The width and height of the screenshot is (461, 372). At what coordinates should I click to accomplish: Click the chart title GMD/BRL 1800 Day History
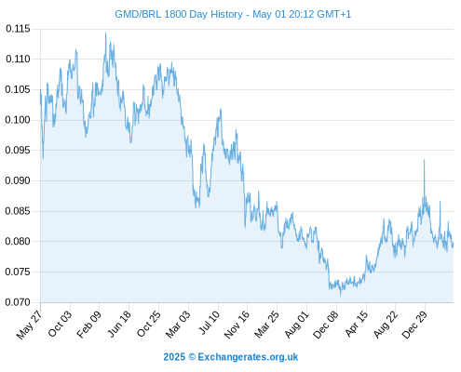[179, 14]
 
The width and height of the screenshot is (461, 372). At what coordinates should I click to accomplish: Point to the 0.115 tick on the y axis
[18, 29]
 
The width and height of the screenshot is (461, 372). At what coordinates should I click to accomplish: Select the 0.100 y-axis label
[18, 120]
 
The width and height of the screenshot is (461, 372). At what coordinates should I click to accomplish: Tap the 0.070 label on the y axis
[18, 302]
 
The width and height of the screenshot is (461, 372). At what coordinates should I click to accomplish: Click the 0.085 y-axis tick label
[18, 211]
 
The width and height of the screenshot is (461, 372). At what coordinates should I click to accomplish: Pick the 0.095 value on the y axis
[18, 151]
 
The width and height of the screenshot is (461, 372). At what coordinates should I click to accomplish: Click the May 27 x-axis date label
[29, 324]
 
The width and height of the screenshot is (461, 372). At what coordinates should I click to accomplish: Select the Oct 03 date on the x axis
[60, 324]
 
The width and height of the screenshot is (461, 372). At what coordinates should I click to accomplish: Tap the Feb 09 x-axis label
[88, 324]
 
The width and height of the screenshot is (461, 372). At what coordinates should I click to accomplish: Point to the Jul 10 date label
[210, 323]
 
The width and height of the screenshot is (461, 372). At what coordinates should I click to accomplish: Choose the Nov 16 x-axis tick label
[237, 325]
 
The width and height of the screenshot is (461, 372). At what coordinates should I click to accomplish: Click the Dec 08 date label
[326, 325]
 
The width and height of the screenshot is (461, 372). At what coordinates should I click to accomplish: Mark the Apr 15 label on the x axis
[357, 324]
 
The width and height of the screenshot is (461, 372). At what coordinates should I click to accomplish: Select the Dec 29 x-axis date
[414, 325]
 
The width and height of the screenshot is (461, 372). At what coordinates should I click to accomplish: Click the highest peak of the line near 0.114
[105, 33]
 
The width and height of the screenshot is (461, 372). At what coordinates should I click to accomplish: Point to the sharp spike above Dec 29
[424, 160]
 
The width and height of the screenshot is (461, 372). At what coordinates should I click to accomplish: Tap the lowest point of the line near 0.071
[341, 296]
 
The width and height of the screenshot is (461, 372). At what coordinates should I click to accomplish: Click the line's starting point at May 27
[40, 90]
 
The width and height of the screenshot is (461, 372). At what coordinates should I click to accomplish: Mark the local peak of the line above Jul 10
[221, 109]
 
